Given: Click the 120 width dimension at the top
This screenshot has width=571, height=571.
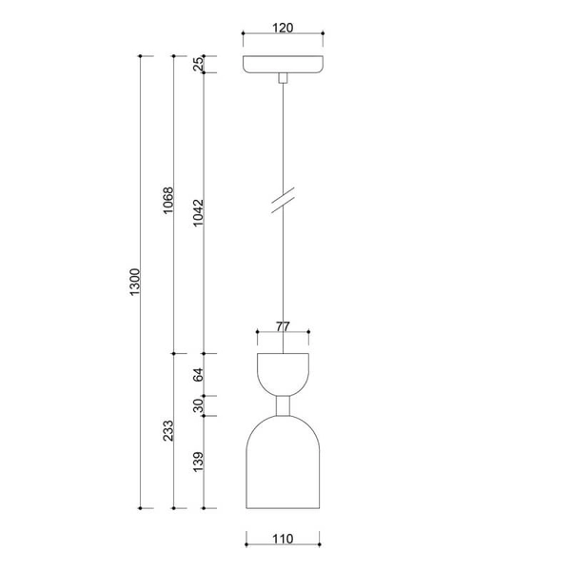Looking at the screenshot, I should click(x=282, y=27).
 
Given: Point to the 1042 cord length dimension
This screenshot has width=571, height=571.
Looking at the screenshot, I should click(x=198, y=215).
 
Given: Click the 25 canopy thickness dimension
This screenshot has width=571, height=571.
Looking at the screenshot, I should click(x=198, y=65).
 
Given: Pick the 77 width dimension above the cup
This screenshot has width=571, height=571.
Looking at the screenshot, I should click(x=283, y=325).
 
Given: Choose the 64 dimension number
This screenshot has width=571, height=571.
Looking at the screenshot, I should click(x=198, y=375).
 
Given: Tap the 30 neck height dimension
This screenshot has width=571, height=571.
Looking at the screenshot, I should click(x=198, y=405).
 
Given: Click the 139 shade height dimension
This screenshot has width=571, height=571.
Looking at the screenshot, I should click(x=198, y=463).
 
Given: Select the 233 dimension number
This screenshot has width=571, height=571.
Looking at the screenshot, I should click(x=167, y=431).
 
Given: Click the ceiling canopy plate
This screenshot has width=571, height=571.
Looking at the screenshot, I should click(x=283, y=66).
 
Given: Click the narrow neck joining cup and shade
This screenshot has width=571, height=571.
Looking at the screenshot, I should click(x=283, y=406).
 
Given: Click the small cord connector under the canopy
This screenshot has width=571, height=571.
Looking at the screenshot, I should click(x=283, y=80).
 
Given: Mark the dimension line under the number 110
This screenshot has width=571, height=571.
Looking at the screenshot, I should click(x=283, y=547).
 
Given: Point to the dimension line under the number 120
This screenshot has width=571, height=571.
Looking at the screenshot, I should click(x=283, y=36).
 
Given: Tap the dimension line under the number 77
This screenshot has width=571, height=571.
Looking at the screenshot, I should click(x=283, y=334).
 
